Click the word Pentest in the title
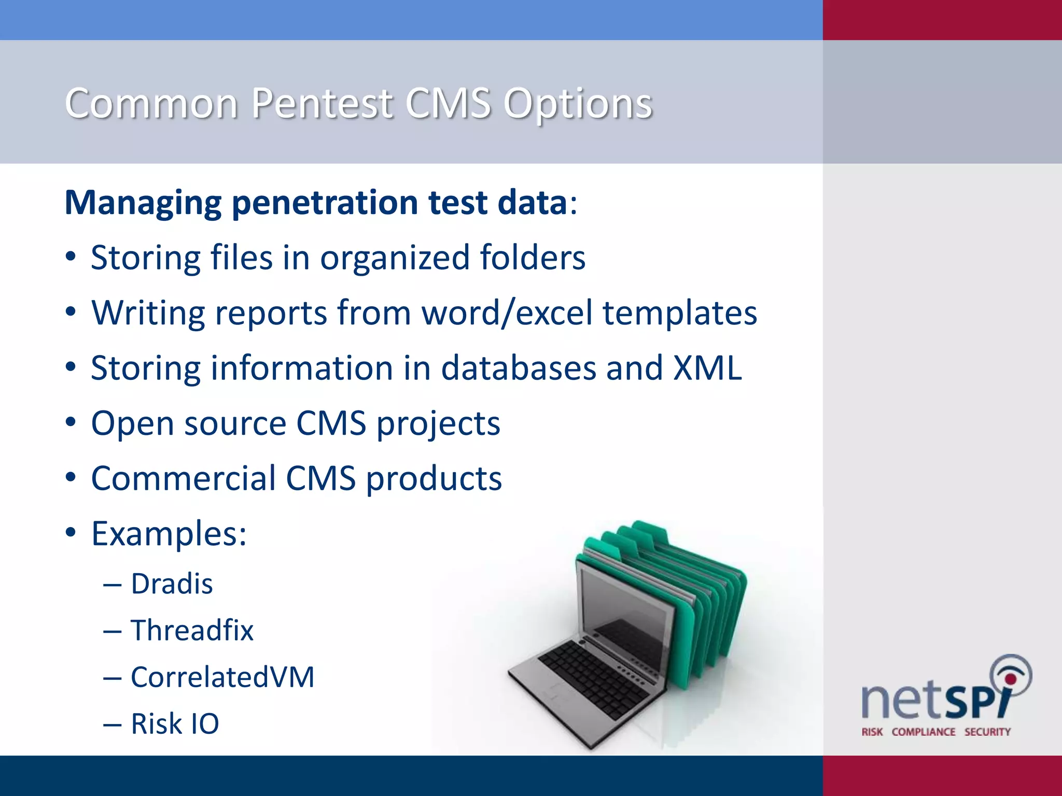coord(322,104)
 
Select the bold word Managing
coord(143,203)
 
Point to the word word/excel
coord(507,313)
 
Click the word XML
coord(707,368)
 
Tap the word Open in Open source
coord(132,424)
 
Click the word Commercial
coord(184,478)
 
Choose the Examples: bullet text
coord(169,534)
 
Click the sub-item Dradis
coord(172,584)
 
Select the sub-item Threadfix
coord(192,631)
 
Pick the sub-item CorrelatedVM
coord(222,677)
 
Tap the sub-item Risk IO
coord(175,724)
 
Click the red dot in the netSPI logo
coord(1010,679)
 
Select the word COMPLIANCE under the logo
coord(923,732)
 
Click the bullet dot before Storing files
coord(71,257)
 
